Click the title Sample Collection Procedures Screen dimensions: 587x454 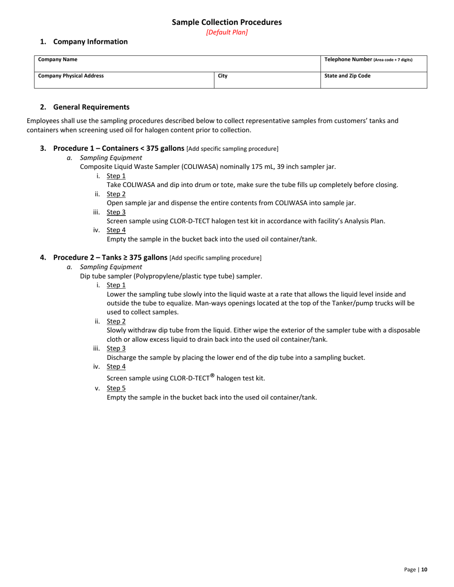coord(227,22)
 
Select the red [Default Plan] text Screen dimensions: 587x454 coord(227,32)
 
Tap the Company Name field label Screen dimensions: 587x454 coord(52,60)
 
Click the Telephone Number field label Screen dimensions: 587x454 coord(368,60)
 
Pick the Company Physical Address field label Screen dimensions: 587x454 coord(71,75)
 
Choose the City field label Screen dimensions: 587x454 coord(222,75)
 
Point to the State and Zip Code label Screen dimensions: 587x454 coord(347,75)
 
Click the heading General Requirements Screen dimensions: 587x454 coord(91,107)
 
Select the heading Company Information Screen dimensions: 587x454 coord(90,42)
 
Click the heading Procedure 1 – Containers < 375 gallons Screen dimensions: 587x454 coord(119,148)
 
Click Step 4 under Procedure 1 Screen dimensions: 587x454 coord(116,230)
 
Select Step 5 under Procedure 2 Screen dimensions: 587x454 coord(116,388)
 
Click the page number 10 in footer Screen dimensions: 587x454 coord(424,569)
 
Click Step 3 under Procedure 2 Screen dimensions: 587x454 coord(116,348)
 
